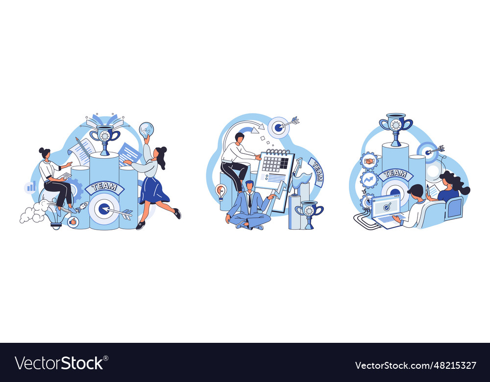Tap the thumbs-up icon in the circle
point(73,221)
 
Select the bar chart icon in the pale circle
point(31,188)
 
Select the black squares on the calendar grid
point(284,163)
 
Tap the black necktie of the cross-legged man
point(249,200)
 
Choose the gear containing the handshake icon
point(369,161)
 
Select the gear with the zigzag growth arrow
point(369,180)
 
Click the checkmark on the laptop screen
point(387,206)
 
